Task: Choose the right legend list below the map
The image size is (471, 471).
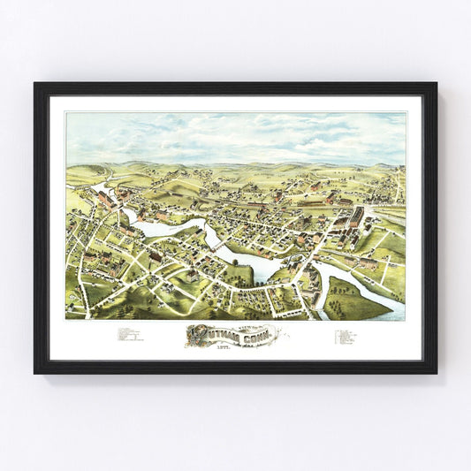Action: [346, 337]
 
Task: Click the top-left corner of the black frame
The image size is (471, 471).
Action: [35, 84]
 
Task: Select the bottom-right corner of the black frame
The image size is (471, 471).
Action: [436, 372]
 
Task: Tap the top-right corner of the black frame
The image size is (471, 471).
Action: [436, 84]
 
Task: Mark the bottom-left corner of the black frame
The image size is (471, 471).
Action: [35, 372]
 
